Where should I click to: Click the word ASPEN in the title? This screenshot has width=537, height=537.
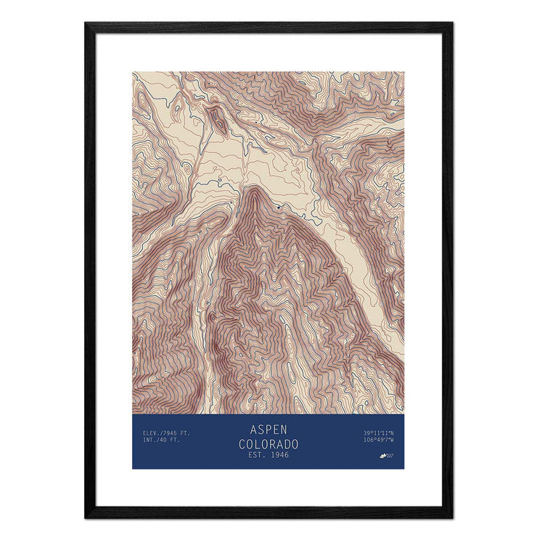pyautogui.click(x=268, y=430)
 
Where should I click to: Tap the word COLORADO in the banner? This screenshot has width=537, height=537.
pyautogui.click(x=268, y=442)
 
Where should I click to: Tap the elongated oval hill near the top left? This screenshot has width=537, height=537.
pyautogui.click(x=217, y=118)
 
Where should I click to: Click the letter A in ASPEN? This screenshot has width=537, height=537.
pyautogui.click(x=251, y=430)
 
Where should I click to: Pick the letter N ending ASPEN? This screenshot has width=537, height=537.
pyautogui.click(x=284, y=430)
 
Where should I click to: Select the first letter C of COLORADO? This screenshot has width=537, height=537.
pyautogui.click(x=242, y=442)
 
